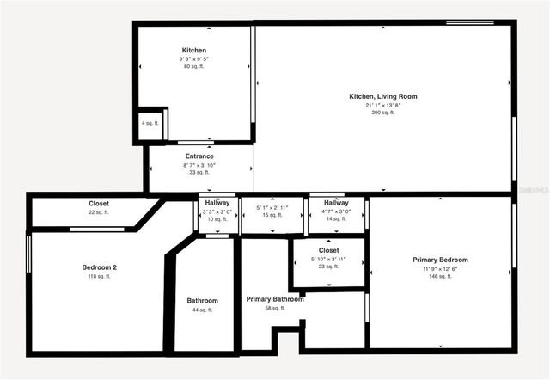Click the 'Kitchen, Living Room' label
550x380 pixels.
point(382,96)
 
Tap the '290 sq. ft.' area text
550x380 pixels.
point(382,113)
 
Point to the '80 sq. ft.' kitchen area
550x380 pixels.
point(193,66)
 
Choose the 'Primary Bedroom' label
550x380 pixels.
point(440,260)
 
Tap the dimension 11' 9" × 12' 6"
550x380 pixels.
point(440,268)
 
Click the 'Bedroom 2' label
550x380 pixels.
point(100,267)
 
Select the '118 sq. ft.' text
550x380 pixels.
point(100,277)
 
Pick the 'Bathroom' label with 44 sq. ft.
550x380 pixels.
point(203,301)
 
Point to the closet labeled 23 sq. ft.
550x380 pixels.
point(328,258)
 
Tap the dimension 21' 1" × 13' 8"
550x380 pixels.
point(382,105)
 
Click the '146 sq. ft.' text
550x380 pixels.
point(440,277)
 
